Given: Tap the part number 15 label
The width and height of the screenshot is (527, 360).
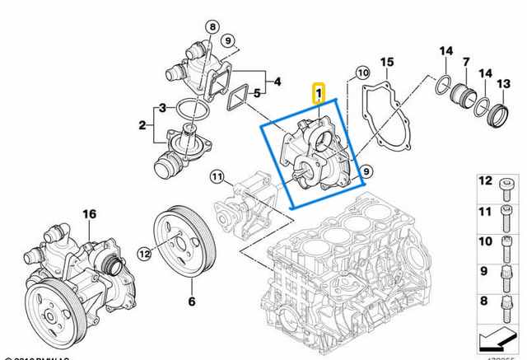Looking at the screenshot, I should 387,63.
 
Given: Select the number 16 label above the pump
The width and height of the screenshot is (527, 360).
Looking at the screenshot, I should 88,214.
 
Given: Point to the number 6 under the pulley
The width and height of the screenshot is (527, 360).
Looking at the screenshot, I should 191,302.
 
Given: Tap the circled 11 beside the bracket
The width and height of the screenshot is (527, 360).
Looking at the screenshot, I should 216,176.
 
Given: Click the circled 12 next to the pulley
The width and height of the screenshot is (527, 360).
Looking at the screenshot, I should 144,254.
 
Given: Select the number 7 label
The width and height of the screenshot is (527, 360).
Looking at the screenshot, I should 466,63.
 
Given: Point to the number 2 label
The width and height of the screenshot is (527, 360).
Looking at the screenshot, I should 142,125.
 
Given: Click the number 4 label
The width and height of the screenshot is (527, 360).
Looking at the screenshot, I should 277,82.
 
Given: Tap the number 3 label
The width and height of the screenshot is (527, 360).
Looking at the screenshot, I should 163,108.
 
